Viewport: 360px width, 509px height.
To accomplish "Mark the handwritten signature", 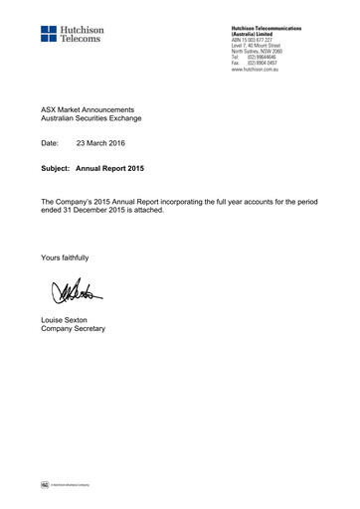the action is pyautogui.click(x=75, y=292).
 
